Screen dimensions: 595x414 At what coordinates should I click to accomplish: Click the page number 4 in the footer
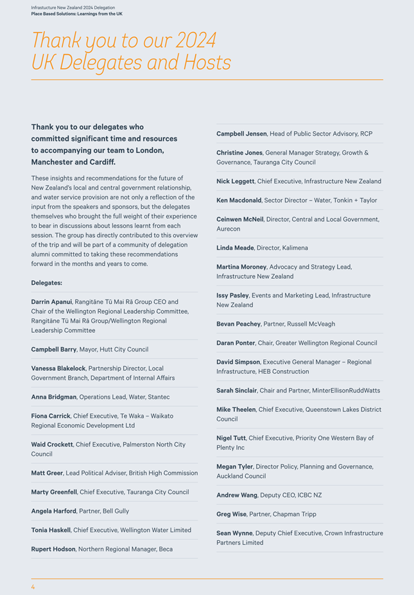pos(33,587)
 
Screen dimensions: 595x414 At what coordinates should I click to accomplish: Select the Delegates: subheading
pos(47,283)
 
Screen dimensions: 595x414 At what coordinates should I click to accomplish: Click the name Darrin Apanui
pos(51,301)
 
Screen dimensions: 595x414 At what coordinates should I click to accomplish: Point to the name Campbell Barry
pos(54,350)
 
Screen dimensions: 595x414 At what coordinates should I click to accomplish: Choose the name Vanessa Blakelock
pos(58,368)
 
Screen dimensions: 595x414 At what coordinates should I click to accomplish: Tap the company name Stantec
pos(158,397)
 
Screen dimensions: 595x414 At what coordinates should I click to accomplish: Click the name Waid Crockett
pos(52,445)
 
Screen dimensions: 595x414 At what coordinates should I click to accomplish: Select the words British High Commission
pos(162,473)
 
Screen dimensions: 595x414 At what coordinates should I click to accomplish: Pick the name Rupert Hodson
pos(53,549)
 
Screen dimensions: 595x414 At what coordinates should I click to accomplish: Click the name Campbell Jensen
pos(241,134)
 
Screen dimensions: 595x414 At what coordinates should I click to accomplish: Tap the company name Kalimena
pos(295,248)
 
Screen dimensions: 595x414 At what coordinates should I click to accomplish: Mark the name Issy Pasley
pos(232,296)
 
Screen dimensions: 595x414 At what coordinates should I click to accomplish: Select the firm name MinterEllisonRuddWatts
pos(346,391)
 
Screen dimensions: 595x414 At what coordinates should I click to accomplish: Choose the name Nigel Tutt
pos(231,438)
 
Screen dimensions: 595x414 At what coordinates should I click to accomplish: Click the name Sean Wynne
pos(233,533)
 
